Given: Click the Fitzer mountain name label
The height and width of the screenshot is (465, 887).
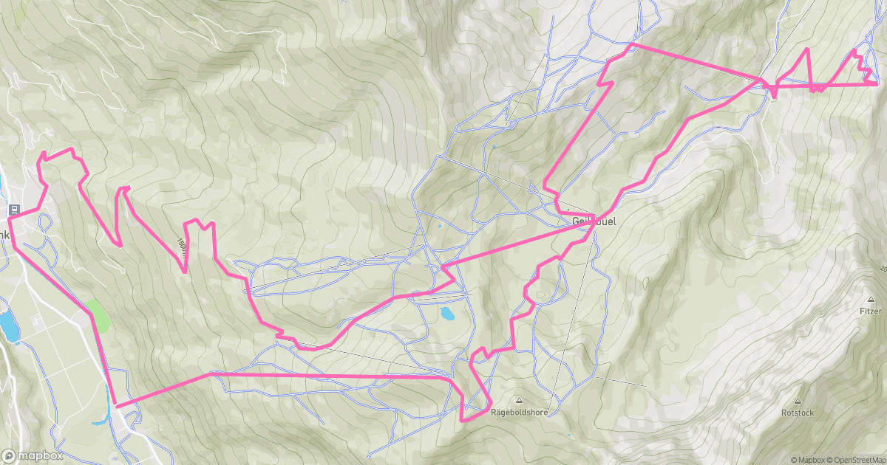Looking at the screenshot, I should [x=871, y=311].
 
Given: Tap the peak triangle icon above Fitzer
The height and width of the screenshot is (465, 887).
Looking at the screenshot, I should [x=871, y=300].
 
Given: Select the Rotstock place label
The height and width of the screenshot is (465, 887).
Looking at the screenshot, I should [x=798, y=413].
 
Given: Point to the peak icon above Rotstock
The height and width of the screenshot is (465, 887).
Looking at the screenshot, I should [x=798, y=402].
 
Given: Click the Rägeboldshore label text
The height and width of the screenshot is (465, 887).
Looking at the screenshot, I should [x=519, y=413].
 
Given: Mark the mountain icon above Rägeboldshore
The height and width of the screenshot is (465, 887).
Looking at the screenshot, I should [x=519, y=401].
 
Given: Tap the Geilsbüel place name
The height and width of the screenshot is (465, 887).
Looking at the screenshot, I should [x=594, y=221].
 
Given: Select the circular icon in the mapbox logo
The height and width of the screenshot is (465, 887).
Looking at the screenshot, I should [x=10, y=455].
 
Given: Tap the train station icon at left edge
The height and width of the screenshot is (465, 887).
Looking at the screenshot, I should [x=13, y=210].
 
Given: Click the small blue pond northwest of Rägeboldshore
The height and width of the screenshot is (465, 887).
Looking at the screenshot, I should [x=447, y=314].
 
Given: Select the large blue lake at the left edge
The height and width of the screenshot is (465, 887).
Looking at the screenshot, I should [x=8, y=325].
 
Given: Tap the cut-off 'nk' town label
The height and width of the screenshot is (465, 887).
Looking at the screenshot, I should [x=4, y=235].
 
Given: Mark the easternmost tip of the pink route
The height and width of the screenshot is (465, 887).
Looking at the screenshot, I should [x=877, y=84].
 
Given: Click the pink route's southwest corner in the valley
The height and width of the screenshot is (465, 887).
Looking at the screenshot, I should [x=116, y=405].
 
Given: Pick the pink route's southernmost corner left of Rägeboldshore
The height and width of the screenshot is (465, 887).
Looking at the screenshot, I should [x=463, y=420].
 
